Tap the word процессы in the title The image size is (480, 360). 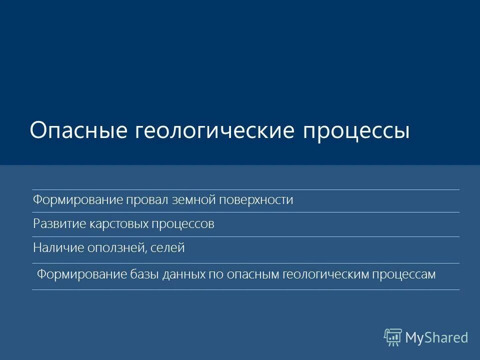[357, 130]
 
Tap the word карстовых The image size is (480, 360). [118, 224]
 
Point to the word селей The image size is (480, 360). [169, 247]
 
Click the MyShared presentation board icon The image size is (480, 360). [393, 337]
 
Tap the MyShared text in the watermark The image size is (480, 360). [436, 338]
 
